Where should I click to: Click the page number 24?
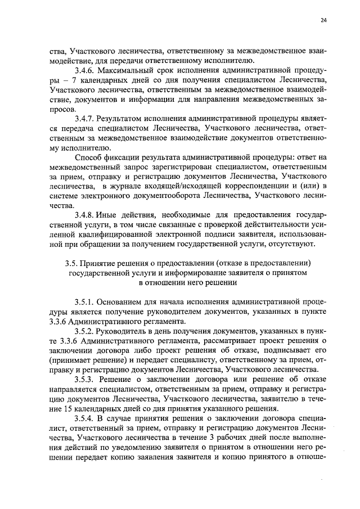click(x=323, y=21)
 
